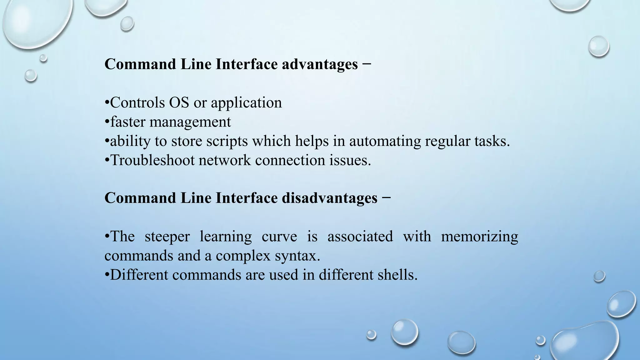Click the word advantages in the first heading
pyautogui.click(x=320, y=64)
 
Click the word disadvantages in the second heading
pyautogui.click(x=329, y=198)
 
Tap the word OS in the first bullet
pyautogui.click(x=179, y=102)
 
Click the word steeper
pyautogui.click(x=167, y=237)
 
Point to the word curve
pyautogui.click(x=279, y=237)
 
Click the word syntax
pyautogui.click(x=297, y=256)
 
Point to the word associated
pyautogui.click(x=360, y=237)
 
